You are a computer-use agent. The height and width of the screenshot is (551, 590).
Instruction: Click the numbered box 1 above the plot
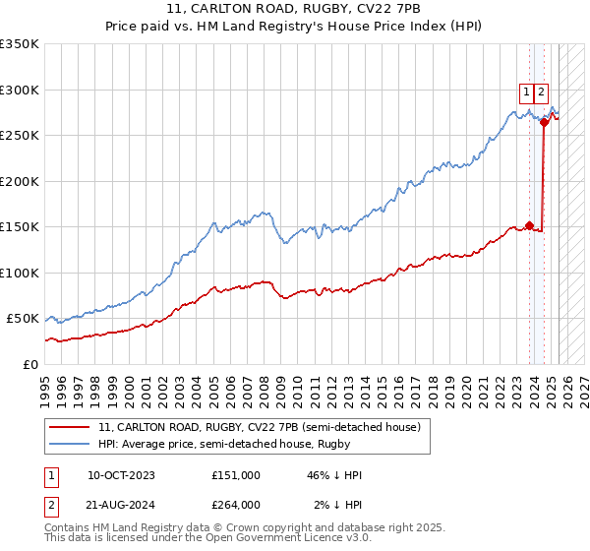point(526,92)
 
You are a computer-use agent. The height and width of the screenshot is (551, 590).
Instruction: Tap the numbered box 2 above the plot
point(542,92)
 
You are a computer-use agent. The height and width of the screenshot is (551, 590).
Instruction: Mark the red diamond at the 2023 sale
point(529,225)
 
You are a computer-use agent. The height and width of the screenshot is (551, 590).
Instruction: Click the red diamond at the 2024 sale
point(544,123)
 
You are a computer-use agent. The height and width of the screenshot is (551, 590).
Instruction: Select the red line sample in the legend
point(71,427)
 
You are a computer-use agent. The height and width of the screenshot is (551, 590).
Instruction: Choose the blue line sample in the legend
point(71,444)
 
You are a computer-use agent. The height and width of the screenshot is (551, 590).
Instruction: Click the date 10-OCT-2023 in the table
point(121,475)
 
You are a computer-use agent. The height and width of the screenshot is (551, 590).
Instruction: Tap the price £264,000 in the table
point(236,505)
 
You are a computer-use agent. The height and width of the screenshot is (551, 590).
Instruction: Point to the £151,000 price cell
point(236,475)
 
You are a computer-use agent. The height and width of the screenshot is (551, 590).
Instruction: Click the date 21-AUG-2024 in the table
point(121,505)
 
